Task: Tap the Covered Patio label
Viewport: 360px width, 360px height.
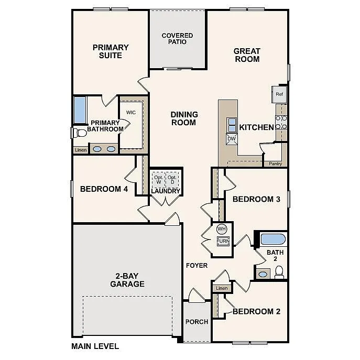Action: [177, 39]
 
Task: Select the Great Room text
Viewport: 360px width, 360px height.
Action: [247, 55]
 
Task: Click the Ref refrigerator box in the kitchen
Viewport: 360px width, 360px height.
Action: [279, 94]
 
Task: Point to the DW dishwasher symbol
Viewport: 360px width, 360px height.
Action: [231, 139]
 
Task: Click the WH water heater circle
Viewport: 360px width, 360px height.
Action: [222, 229]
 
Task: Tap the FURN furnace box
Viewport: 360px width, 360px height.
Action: [223, 242]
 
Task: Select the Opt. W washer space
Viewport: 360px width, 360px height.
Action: [158, 179]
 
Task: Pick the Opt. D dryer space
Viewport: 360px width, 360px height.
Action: [172, 179]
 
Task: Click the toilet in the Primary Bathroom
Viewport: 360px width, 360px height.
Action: [79, 133]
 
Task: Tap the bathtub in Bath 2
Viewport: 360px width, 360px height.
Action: [272, 239]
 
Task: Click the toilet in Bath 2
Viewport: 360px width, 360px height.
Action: [279, 272]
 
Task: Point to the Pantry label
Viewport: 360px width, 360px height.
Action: [275, 164]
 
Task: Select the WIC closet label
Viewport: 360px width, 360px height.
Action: [131, 112]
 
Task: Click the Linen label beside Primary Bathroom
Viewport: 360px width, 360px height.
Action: [80, 150]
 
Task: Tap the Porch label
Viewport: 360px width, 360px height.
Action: [197, 322]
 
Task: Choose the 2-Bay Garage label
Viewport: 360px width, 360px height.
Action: [127, 280]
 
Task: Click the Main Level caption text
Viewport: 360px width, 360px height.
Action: [95, 346]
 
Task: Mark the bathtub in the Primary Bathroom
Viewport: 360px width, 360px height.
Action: [80, 110]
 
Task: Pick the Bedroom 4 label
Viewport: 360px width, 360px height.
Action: [104, 189]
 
